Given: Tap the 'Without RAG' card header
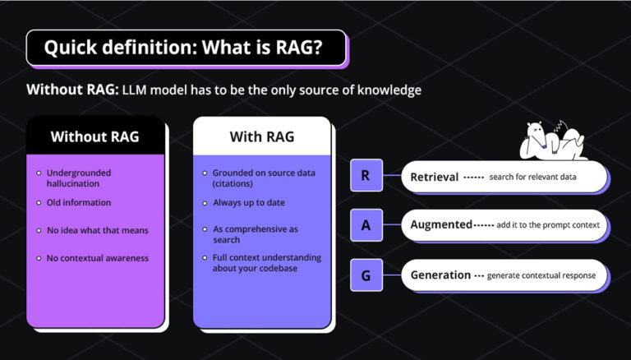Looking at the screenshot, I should [x=94, y=136].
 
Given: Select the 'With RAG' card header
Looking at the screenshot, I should [x=261, y=136].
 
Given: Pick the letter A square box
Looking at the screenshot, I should [x=366, y=224].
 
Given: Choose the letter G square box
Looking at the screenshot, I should [x=366, y=275].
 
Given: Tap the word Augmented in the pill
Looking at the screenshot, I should [x=441, y=224].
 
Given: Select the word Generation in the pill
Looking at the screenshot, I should [x=440, y=275].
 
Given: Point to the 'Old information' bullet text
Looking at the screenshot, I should [x=79, y=202].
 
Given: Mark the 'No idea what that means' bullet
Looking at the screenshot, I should [x=97, y=230].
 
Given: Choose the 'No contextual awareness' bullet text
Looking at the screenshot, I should [x=98, y=258].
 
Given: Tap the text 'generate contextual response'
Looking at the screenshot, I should [x=541, y=275].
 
